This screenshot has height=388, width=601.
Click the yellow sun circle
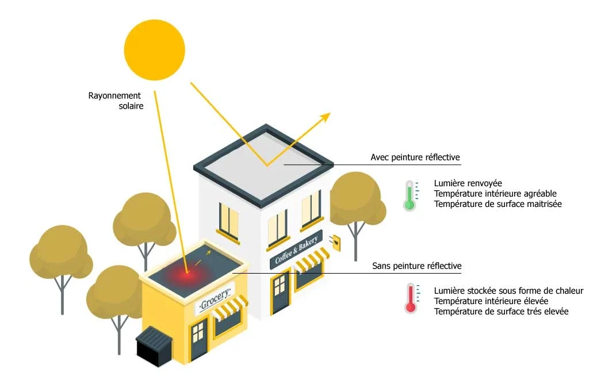155,49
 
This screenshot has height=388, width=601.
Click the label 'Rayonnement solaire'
114,101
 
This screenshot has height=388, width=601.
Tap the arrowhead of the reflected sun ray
326,116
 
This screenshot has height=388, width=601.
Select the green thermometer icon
409,195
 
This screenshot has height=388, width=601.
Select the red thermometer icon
411,298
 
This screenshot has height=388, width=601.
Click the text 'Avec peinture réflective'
415,157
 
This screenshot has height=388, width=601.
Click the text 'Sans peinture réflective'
416,266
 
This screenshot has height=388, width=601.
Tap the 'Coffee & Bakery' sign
296,251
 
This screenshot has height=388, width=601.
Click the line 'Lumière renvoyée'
468,183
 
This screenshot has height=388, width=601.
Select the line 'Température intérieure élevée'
491,301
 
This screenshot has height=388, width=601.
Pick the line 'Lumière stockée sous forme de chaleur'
508,291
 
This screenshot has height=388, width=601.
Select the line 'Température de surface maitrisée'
497,204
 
